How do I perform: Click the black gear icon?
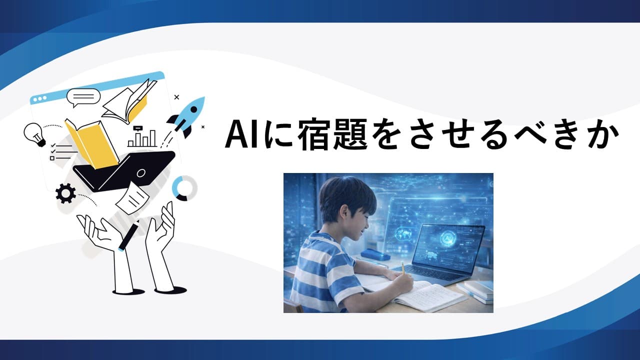pyautogui.click(x=65, y=193)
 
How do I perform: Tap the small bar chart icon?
pyautogui.click(x=142, y=136)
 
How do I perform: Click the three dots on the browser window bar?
pyautogui.click(x=40, y=99)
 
